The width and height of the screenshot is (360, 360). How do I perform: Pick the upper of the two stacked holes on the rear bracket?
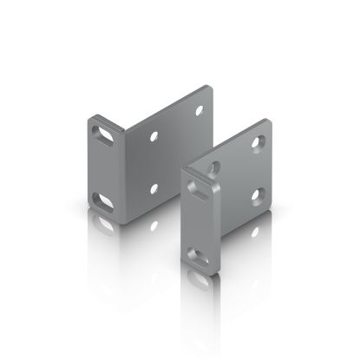point(154,136)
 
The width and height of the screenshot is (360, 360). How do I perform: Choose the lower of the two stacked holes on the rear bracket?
point(154,187)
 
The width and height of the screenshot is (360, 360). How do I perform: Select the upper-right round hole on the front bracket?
point(258,141)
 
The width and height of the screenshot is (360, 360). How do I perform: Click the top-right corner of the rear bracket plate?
point(211,86)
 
